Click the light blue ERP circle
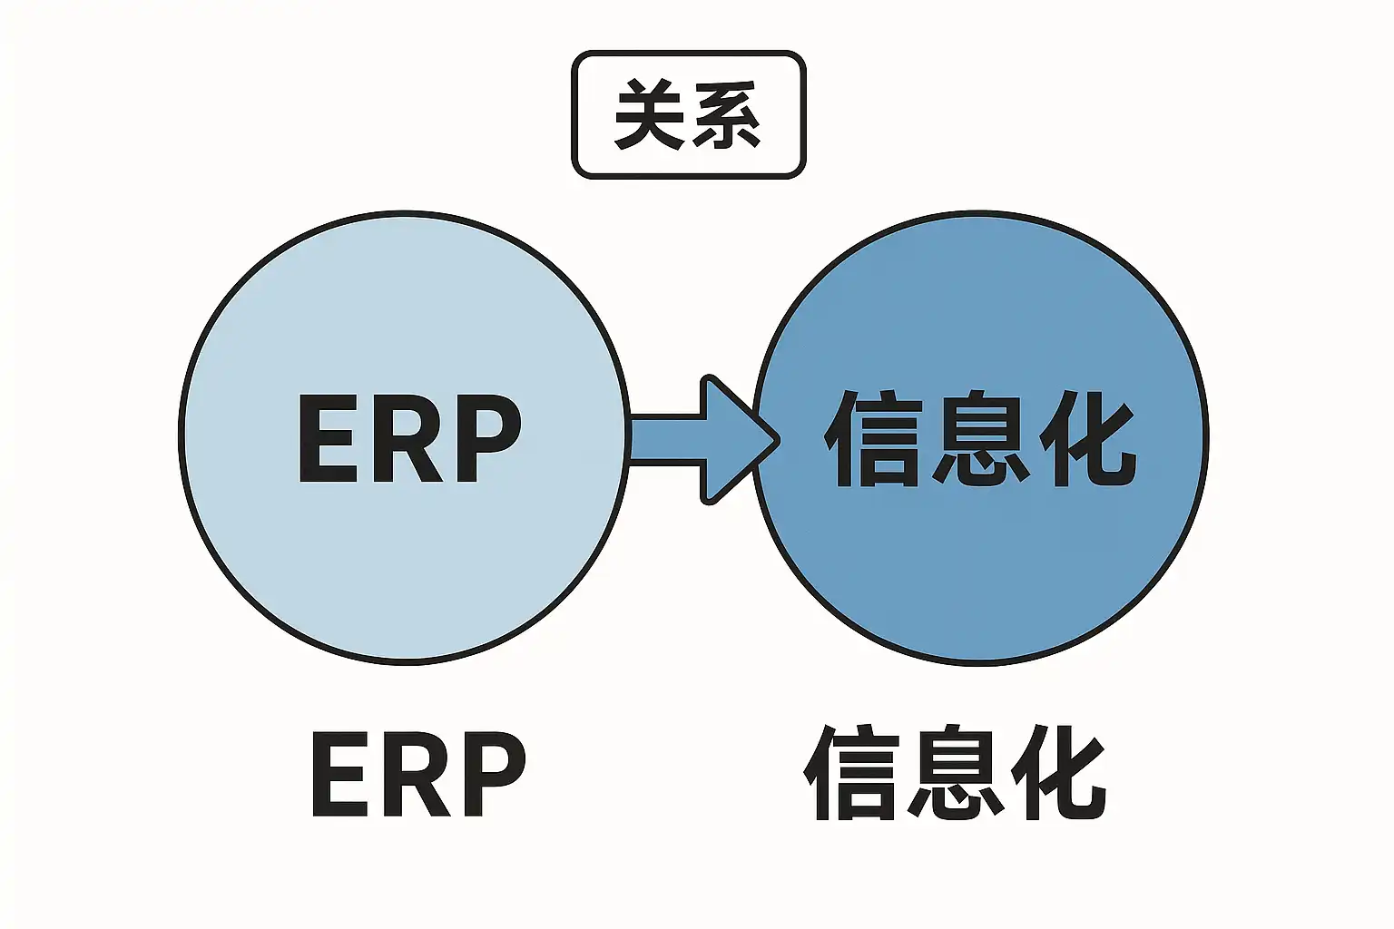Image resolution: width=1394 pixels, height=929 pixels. coord(403,560)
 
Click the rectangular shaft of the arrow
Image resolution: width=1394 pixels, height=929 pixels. coord(664,439)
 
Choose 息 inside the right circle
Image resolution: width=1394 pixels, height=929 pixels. coord(979,438)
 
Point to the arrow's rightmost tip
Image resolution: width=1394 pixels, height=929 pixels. coord(780,440)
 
